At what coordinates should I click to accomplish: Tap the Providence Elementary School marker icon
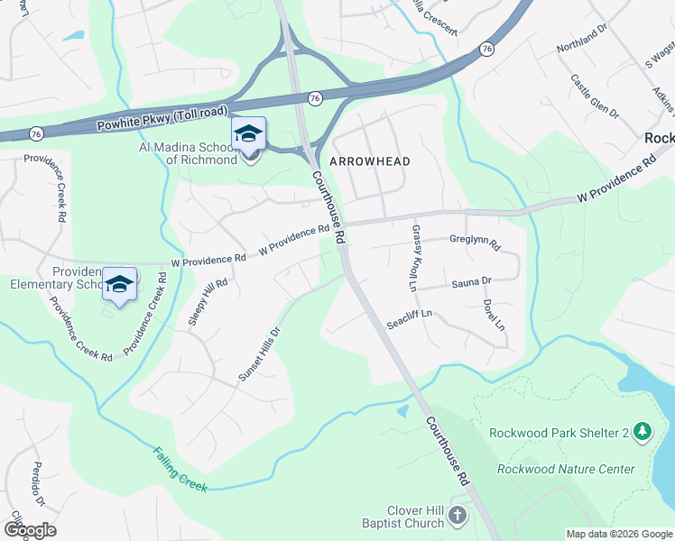tap(119, 285)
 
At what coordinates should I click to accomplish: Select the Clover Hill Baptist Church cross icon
tap(458, 517)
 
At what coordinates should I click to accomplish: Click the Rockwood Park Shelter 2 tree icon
tap(642, 432)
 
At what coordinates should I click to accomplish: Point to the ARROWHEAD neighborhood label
tap(370, 161)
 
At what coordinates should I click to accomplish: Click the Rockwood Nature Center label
tap(566, 469)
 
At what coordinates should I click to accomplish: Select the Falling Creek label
tap(180, 470)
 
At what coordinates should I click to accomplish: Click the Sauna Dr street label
tap(471, 282)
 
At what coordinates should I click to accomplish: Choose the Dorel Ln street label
tap(493, 314)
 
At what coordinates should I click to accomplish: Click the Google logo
tap(30, 530)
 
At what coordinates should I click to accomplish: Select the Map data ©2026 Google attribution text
tap(619, 534)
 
